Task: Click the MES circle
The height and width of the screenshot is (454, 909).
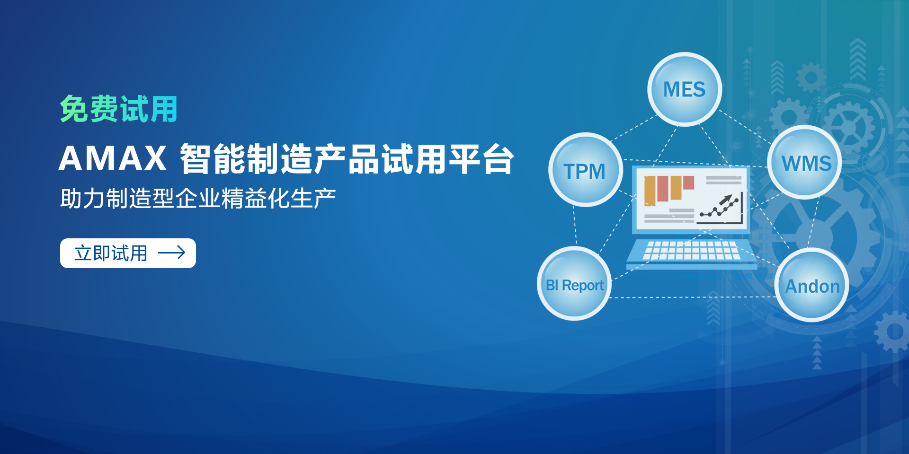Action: [685, 89]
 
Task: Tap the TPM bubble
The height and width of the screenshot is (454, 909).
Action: [586, 170]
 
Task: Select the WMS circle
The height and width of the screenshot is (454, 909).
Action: [805, 163]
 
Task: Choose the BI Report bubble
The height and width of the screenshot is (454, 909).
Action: [574, 284]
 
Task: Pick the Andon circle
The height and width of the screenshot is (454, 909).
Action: [812, 285]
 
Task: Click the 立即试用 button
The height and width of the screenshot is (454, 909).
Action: [128, 253]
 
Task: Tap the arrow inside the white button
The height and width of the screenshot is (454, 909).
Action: [171, 253]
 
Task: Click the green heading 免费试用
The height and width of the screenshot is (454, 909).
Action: [118, 109]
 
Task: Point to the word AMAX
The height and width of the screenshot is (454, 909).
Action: [113, 158]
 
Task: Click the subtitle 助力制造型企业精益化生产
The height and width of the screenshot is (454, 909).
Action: [198, 198]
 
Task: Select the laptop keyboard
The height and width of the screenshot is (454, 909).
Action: [692, 250]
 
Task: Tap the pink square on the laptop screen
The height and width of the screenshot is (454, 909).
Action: [688, 183]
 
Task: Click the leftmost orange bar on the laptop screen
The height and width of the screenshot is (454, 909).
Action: [650, 191]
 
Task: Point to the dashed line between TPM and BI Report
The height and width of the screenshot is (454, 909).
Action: [575, 227]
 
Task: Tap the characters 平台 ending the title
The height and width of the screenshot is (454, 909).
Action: [481, 158]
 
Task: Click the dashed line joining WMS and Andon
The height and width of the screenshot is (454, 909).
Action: [813, 223]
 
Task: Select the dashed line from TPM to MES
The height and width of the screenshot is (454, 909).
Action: [633, 128]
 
